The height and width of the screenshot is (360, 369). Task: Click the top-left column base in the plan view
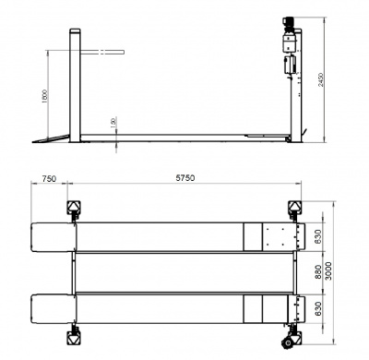tap(70, 208)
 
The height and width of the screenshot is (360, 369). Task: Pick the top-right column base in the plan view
tap(295, 208)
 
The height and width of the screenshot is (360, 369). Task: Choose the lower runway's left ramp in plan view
tap(50, 306)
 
